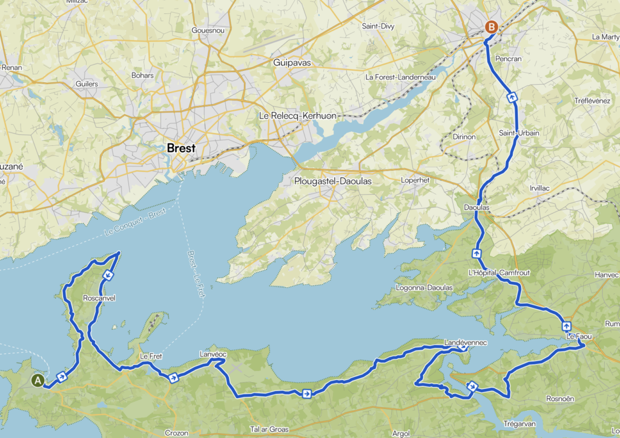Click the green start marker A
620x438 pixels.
[38, 381]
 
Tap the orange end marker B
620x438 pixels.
[492, 27]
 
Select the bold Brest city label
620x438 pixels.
[181, 148]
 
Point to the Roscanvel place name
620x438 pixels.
[99, 298]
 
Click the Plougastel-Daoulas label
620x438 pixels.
[332, 181]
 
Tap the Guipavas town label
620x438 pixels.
[290, 62]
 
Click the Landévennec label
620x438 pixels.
[465, 342]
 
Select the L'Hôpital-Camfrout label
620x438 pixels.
[499, 273]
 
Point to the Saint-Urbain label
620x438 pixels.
[519, 132]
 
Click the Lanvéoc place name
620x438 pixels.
[213, 354]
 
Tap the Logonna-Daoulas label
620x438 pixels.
[423, 287]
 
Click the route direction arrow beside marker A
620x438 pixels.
[61, 377]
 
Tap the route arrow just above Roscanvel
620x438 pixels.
[107, 276]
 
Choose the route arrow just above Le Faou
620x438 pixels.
[566, 326]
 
